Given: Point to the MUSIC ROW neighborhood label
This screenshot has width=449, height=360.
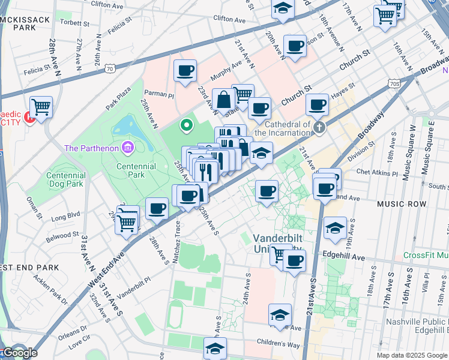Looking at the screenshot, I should (402, 205).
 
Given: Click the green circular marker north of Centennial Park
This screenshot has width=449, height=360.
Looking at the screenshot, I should (187, 125).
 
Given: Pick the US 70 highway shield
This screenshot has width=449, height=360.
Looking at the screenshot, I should (109, 69).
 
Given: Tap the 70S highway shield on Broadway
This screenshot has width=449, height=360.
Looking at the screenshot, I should (394, 83).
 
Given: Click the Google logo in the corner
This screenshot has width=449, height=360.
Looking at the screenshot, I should (19, 353).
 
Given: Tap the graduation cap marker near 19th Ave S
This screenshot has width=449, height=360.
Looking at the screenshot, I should (335, 228).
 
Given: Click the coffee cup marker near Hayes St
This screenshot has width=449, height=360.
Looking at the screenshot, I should (317, 105).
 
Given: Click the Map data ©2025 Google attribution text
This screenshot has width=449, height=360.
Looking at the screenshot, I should (411, 355).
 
